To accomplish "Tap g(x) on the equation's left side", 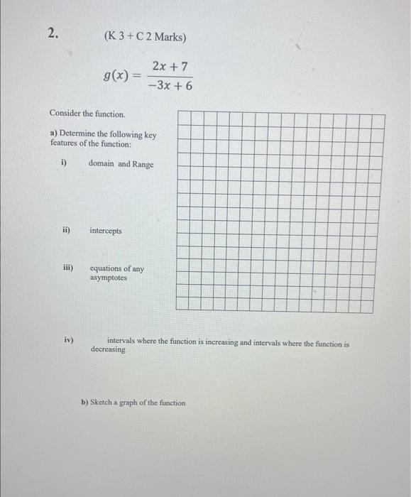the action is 116,75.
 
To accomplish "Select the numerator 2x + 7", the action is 170,66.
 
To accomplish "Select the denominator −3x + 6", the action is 170,85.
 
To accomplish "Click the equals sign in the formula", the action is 136,76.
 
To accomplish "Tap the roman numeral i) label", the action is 63,163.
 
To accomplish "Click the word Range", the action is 143,164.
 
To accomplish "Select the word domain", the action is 102,164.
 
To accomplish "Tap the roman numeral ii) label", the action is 65,230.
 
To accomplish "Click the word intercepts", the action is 106,231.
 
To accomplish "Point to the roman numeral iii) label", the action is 67,268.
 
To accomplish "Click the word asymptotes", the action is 109,278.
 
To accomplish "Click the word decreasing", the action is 108,350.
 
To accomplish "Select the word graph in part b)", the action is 132,403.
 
